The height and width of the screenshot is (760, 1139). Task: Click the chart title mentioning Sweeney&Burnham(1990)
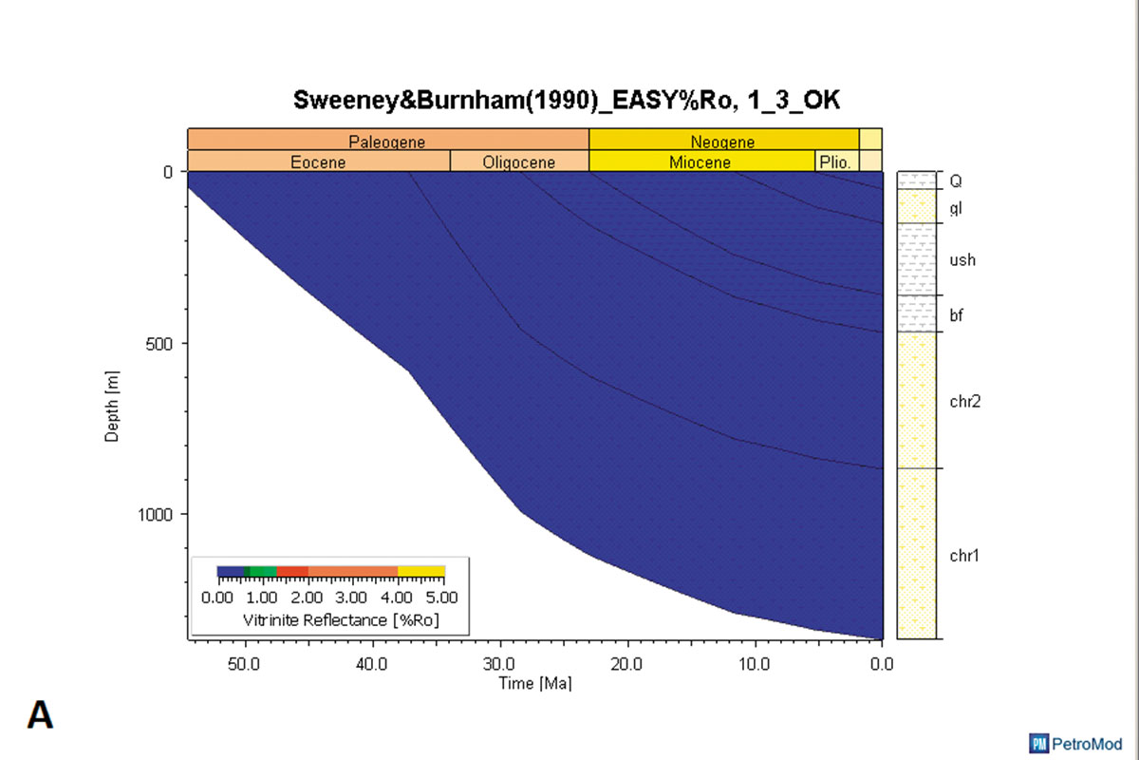(567, 101)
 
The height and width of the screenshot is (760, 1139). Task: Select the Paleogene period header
(387, 142)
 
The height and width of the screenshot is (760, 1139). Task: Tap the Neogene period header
(723, 142)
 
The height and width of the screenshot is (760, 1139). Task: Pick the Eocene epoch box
(318, 161)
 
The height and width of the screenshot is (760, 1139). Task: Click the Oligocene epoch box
(519, 161)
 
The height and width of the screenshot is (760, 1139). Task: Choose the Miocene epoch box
(700, 161)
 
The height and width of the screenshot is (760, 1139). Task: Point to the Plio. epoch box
(835, 161)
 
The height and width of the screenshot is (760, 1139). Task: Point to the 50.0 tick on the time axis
(245, 663)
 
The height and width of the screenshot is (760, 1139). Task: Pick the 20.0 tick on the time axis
(627, 663)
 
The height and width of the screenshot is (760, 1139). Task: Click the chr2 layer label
(964, 401)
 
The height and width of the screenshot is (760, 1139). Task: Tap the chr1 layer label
(964, 555)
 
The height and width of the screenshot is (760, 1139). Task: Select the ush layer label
(962, 260)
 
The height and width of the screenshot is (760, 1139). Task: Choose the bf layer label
(957, 314)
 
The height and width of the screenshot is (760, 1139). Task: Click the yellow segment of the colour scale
(421, 571)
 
